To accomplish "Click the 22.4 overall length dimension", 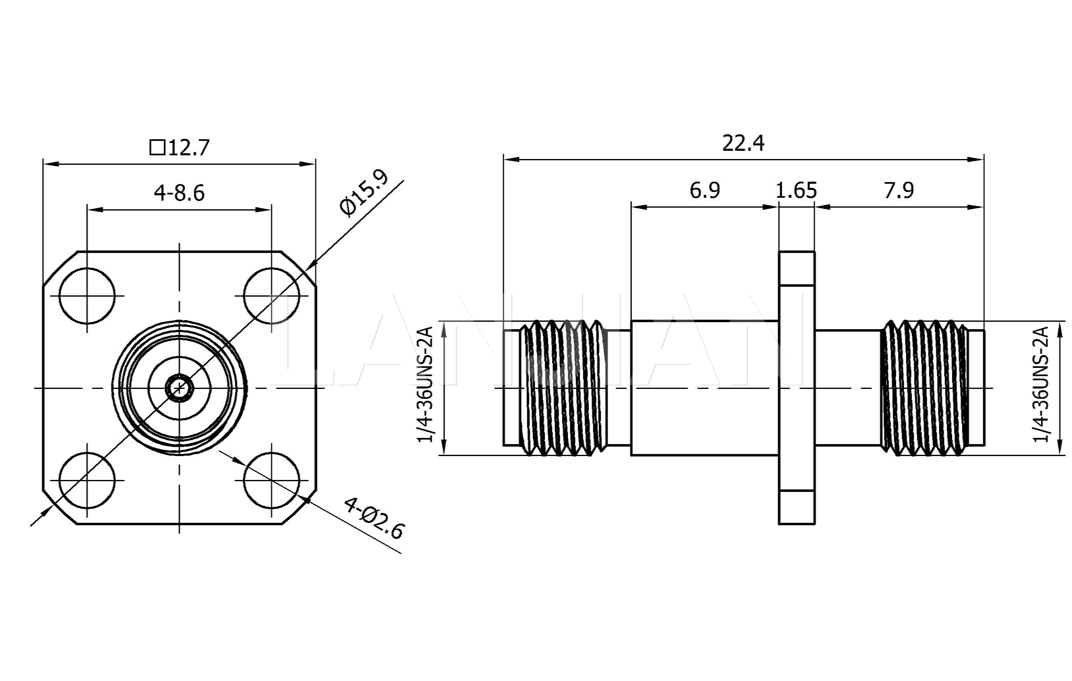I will tap(743, 143).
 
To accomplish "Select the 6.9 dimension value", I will tap(705, 190).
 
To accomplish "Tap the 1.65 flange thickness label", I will tap(796, 191).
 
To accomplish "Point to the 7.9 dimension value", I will tap(899, 191).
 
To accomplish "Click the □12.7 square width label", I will tap(180, 147).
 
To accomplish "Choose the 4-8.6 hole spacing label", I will tap(180, 193).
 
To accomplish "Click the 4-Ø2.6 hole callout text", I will tap(374, 518).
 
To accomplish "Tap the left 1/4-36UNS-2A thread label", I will tap(425, 384).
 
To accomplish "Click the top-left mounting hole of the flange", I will tap(87, 296).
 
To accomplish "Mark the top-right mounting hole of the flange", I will tap(271, 296).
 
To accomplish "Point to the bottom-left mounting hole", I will tap(87, 480).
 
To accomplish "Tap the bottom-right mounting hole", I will tap(271, 480).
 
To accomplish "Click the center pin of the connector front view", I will tap(180, 388).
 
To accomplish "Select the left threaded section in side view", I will tap(564, 388).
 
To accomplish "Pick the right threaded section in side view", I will tap(925, 388).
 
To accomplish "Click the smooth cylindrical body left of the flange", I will tap(704, 388).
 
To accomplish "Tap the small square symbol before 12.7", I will tap(157, 147).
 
